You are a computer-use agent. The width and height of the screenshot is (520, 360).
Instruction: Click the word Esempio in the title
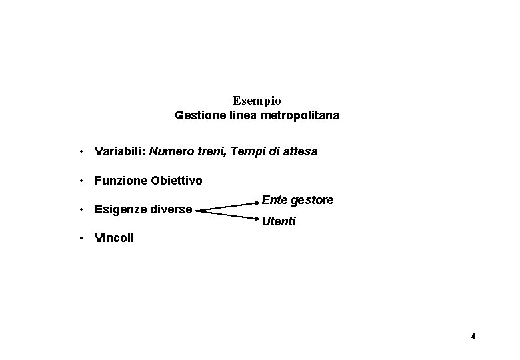pos(257,101)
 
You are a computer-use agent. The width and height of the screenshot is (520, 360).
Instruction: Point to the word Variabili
pos(119,151)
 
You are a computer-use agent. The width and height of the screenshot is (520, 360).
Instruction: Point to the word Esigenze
pos(121,210)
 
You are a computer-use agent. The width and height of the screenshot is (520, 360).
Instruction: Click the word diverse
pos(172,210)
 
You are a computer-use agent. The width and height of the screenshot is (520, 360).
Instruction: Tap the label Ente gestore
pos(297,200)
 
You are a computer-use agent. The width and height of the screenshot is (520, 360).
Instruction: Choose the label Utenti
pos(279,221)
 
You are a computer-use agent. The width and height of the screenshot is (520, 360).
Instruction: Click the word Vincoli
pos(114,238)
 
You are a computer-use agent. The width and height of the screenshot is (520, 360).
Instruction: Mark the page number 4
pos(473,336)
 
